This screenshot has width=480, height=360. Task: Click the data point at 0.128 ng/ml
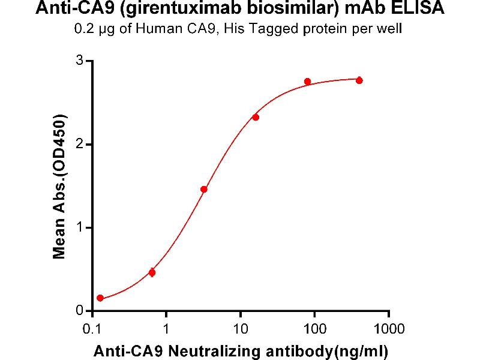(100, 298)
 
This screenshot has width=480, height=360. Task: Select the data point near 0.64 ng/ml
(152, 272)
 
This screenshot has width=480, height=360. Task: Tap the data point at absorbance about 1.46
(204, 189)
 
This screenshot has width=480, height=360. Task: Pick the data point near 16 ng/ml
(256, 117)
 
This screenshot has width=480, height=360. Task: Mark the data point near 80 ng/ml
(308, 82)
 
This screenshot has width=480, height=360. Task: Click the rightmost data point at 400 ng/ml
(359, 80)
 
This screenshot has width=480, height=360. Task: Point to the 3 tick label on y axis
(78, 61)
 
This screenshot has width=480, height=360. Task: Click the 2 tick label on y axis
(78, 145)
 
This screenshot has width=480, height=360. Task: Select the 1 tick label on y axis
(78, 227)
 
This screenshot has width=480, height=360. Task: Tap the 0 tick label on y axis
(78, 311)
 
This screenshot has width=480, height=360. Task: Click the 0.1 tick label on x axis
(92, 329)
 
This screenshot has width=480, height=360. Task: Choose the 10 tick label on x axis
(241, 329)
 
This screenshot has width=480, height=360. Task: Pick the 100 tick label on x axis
(315, 329)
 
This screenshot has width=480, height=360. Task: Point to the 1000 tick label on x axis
(389, 329)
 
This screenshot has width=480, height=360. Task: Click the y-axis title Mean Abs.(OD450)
(59, 187)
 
